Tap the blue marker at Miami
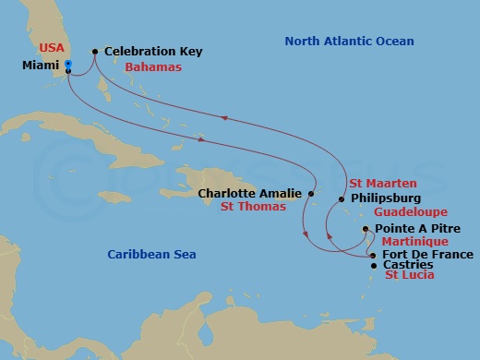[x=69, y=64]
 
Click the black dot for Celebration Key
[x=95, y=52]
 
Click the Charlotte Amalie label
[x=249, y=194]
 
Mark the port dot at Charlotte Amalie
[x=311, y=194]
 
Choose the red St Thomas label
[x=252, y=208]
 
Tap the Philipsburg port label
[x=386, y=198]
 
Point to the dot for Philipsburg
[x=341, y=199]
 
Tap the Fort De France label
[x=427, y=254]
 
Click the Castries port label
[x=407, y=265]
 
